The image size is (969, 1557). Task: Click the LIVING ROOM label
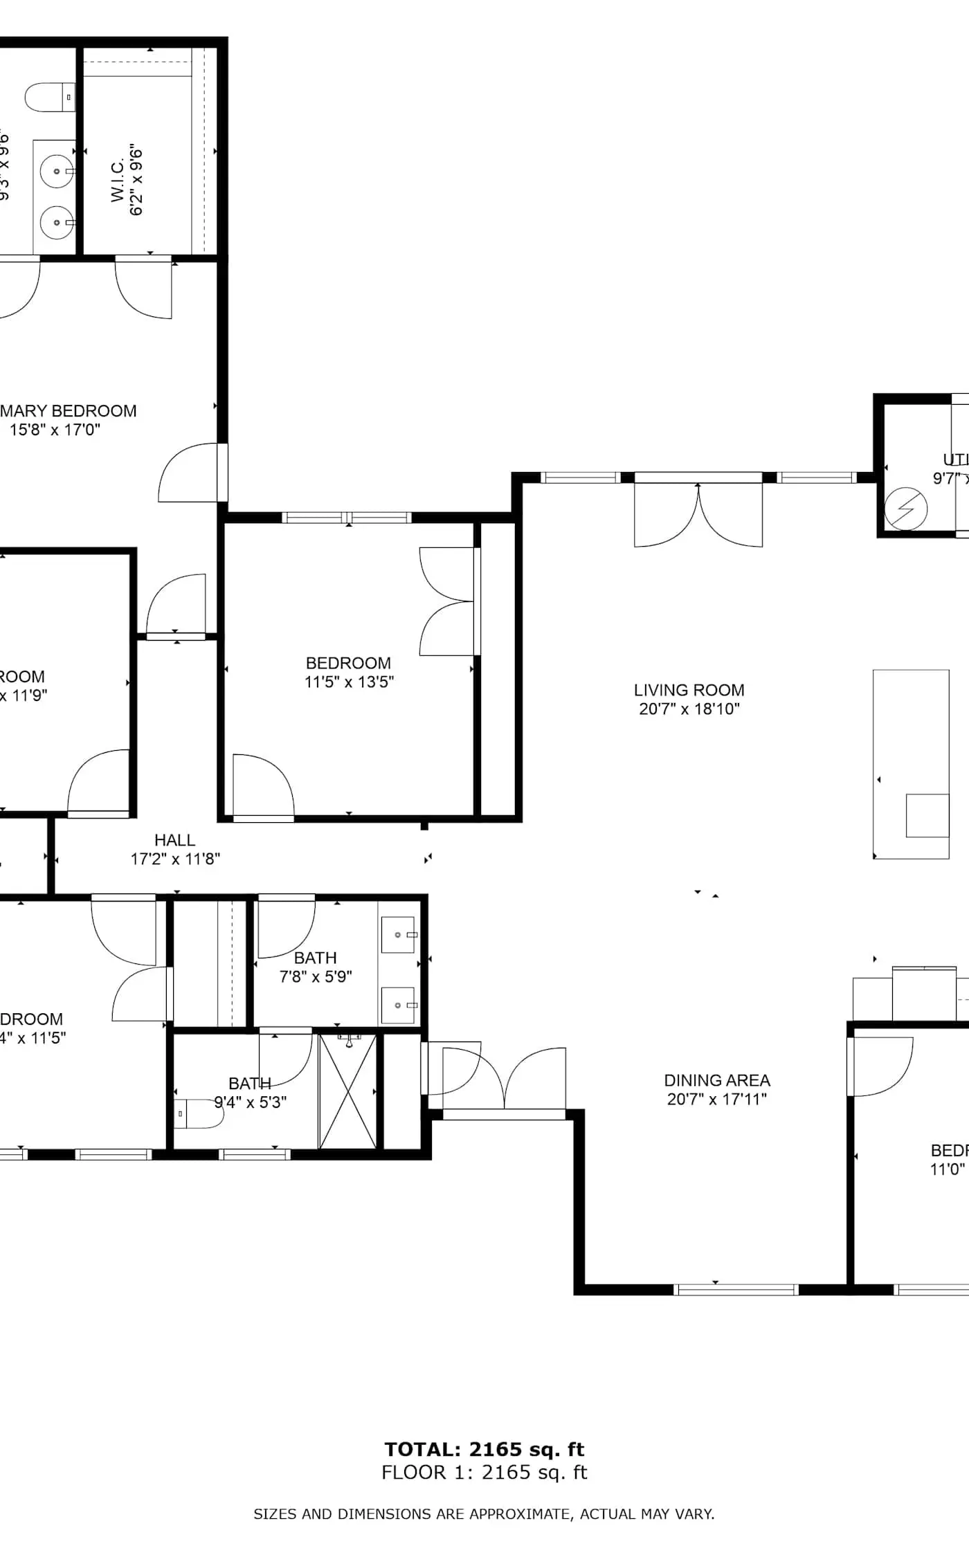point(689,690)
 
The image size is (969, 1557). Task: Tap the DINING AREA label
point(716,1080)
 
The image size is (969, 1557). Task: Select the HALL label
point(174,840)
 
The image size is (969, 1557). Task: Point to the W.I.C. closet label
point(118,181)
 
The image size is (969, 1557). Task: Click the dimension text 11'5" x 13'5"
point(349,682)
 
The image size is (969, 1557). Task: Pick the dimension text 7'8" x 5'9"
point(316,976)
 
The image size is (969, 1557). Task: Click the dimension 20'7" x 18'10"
point(689,709)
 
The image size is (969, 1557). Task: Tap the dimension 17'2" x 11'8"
point(175,859)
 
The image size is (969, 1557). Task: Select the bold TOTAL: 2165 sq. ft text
point(484,1449)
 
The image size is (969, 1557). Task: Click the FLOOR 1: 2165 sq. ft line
point(484,1472)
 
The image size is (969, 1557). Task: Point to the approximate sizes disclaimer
point(484,1514)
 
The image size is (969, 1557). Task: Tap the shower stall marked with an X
point(348,1091)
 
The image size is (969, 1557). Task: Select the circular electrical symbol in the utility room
point(905,509)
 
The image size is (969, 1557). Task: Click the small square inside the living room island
point(927,815)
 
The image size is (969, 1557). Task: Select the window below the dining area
point(736,1289)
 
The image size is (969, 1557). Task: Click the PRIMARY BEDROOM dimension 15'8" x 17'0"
point(55,430)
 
